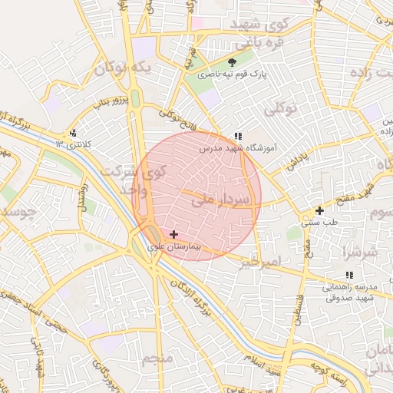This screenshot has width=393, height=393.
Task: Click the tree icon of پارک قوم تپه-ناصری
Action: coord(233,62)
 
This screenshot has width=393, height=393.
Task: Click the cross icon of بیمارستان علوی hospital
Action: coord(173,234)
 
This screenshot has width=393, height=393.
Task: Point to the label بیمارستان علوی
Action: coord(173,246)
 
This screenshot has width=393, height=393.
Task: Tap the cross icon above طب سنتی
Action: coord(319,210)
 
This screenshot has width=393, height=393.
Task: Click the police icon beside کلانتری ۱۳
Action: coord(73,133)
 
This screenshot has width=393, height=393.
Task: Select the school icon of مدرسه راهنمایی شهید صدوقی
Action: coord(349,275)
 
